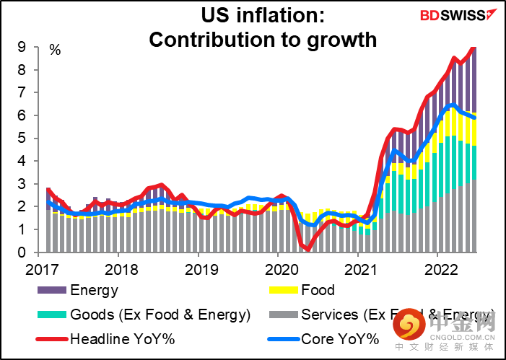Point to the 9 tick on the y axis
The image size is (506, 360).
[x=22, y=47]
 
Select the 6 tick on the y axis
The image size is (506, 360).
[x=22, y=115]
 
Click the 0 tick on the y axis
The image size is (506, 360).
[x=22, y=253]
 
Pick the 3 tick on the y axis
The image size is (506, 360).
[x=22, y=184]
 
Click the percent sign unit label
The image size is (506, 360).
[x=55, y=50]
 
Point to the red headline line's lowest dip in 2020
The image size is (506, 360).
[x=307, y=250]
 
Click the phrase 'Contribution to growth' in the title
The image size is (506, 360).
[x=263, y=39]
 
